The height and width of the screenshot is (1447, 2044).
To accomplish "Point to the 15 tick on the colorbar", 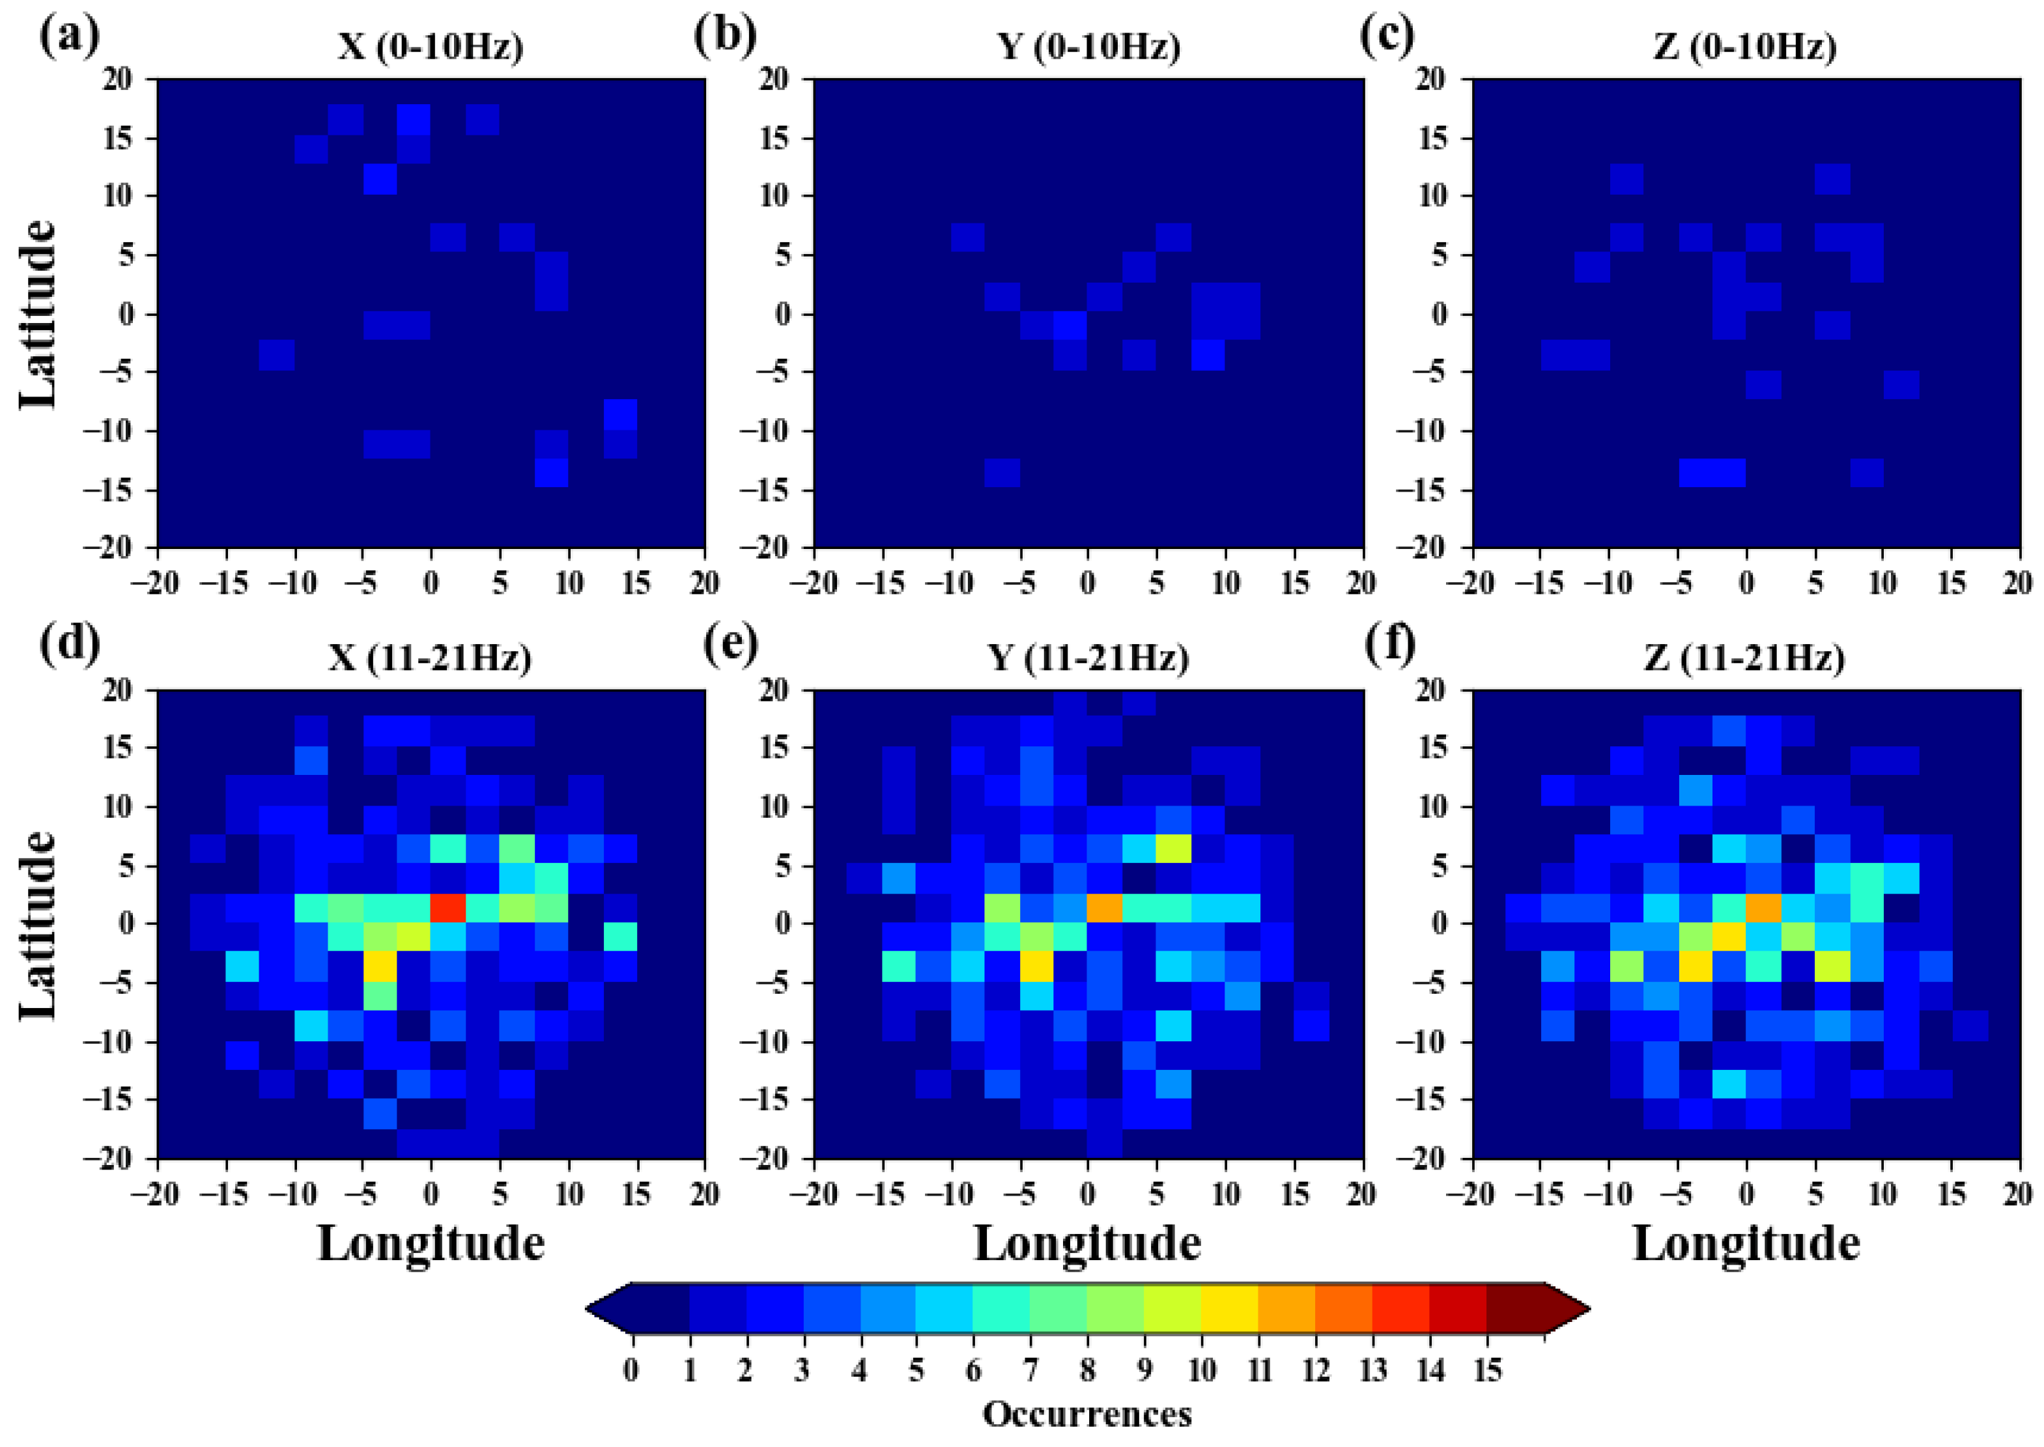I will (1487, 1370).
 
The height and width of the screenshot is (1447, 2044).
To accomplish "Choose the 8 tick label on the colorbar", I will (1087, 1370).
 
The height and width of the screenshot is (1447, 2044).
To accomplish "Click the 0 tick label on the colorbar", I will (632, 1370).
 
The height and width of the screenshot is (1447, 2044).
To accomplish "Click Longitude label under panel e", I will (1087, 1243).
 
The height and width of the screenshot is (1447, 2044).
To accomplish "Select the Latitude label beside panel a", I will (37, 314).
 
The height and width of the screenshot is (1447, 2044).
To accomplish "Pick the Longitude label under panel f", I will (1746, 1243).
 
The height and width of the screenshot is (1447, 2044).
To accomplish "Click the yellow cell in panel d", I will (380, 967).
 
